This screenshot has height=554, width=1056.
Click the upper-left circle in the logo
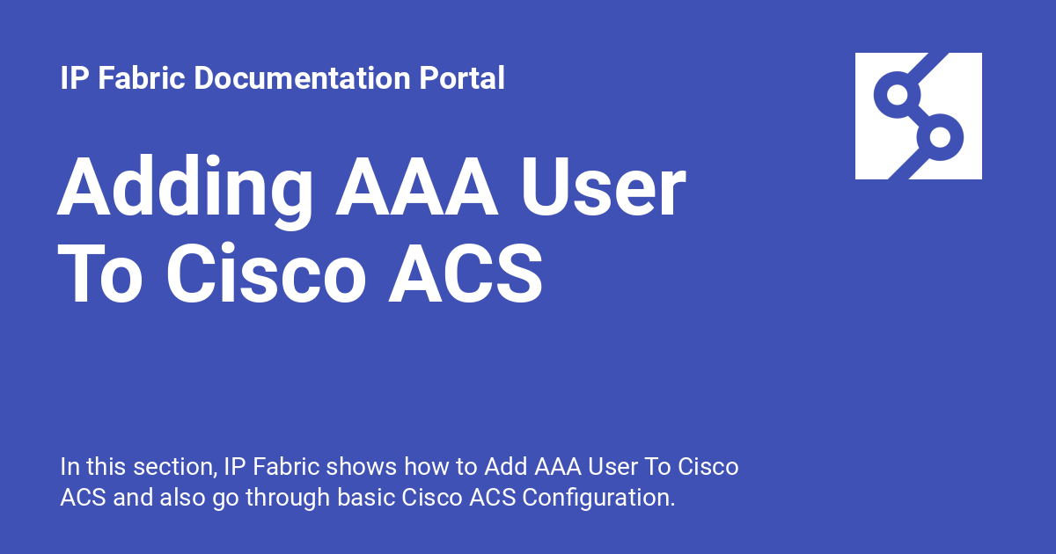(897, 94)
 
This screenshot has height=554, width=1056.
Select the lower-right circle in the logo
(940, 137)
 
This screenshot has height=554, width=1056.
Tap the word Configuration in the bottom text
(598, 497)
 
